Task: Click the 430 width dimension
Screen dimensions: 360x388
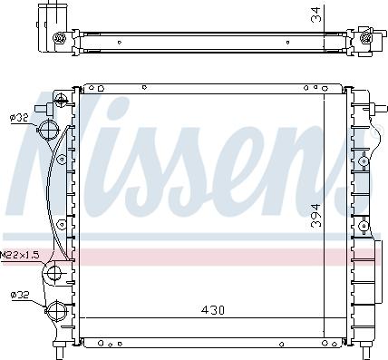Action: [212, 310]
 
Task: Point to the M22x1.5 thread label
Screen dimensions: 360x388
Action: [19, 255]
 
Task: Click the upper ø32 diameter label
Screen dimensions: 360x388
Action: [19, 116]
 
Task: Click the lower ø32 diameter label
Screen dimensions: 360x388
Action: [19, 293]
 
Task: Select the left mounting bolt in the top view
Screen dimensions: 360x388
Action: [60, 38]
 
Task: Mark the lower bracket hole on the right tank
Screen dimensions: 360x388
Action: [362, 224]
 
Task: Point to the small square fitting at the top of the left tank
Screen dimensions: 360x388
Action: [62, 95]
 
